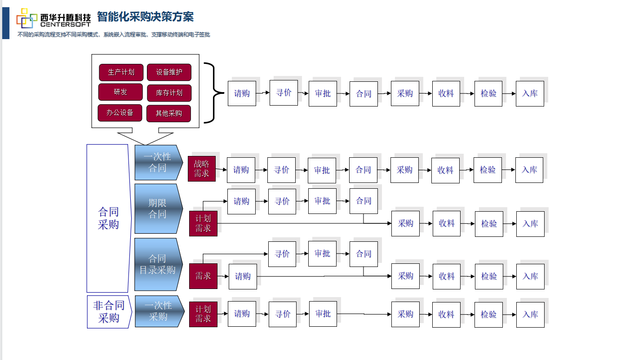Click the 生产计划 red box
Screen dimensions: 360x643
pyautogui.click(x=121, y=72)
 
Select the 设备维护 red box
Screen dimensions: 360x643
pyautogui.click(x=169, y=72)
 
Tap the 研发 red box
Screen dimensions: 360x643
pyautogui.click(x=120, y=92)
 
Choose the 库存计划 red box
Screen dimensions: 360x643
pyautogui.click(x=169, y=93)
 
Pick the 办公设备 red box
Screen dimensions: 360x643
pyautogui.click(x=120, y=113)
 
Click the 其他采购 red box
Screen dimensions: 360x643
pyautogui.click(x=169, y=114)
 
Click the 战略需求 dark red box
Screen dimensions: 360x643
pyautogui.click(x=202, y=169)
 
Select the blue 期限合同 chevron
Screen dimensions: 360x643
pyautogui.click(x=158, y=209)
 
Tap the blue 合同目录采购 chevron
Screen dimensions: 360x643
pyautogui.click(x=158, y=264)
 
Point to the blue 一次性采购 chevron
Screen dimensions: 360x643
pyautogui.click(x=159, y=311)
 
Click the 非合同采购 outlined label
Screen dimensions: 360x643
pyautogui.click(x=108, y=312)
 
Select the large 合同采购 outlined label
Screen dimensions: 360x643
pyautogui.click(x=108, y=218)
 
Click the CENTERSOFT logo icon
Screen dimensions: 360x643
pyautogui.click(x=27, y=18)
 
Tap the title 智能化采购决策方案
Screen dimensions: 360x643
pyautogui.click(x=145, y=17)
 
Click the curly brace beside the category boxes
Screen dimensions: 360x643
pyautogui.click(x=214, y=93)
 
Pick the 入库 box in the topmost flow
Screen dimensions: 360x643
pyautogui.click(x=530, y=93)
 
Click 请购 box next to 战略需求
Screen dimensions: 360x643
pyautogui.click(x=241, y=170)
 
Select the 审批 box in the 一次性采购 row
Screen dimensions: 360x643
pyautogui.click(x=323, y=314)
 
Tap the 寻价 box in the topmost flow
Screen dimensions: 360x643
pyautogui.click(x=284, y=93)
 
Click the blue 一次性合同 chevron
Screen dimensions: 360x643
pyautogui.click(x=158, y=162)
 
